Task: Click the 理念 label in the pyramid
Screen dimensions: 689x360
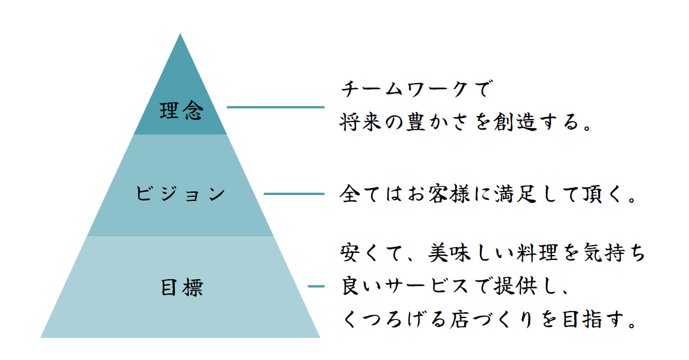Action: (181, 111)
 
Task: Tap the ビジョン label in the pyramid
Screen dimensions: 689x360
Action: (181, 194)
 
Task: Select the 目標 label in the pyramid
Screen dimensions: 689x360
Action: (181, 288)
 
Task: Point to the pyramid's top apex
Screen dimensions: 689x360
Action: (180, 34)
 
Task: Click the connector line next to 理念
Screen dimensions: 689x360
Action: (276, 107)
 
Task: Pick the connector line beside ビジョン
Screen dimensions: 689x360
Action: (294, 194)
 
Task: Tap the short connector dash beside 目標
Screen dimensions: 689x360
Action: (316, 286)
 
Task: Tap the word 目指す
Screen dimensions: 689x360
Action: (591, 319)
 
